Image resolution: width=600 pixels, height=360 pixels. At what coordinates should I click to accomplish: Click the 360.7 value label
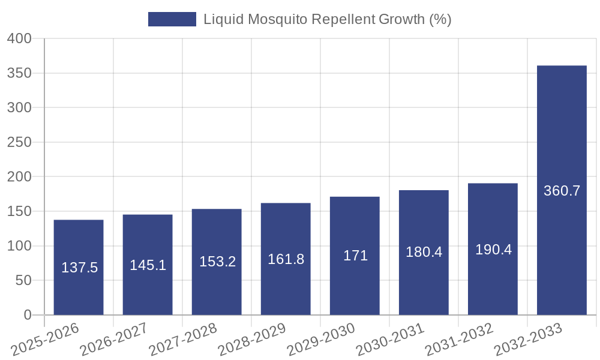tap(562, 191)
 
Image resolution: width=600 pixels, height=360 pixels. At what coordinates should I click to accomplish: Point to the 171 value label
tap(355, 256)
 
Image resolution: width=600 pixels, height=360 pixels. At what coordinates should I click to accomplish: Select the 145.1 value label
tap(148, 265)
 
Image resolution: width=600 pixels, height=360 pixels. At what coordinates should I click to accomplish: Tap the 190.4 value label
tap(493, 250)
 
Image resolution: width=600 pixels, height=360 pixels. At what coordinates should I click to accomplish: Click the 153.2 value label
tap(217, 262)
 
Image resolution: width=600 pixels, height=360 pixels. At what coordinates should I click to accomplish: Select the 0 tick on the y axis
tap(27, 315)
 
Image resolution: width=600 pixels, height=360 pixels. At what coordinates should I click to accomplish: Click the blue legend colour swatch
tap(172, 19)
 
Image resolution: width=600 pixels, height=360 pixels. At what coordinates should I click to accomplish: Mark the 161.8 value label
tap(286, 259)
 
